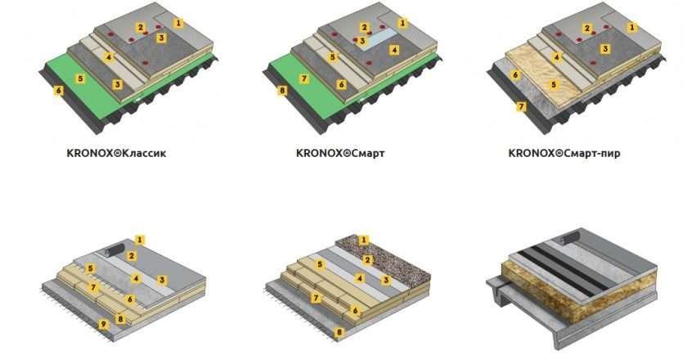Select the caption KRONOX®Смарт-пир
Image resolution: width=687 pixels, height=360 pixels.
coord(564,154)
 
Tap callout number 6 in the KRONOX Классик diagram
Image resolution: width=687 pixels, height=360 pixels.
coord(58,91)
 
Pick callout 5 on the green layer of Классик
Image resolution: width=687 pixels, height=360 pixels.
coord(80,79)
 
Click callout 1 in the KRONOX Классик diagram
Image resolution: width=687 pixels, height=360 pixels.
coord(178,22)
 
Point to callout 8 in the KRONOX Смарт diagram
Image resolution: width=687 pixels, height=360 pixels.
coord(283,91)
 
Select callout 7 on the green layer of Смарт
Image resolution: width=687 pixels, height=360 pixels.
coord(304,79)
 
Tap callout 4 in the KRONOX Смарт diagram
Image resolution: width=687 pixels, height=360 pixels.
coord(394,50)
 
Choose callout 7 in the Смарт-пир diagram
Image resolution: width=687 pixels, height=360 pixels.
coord(521,106)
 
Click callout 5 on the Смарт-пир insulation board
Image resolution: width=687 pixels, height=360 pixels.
coord(554,84)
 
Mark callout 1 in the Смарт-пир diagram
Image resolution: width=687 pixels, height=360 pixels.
coord(631,27)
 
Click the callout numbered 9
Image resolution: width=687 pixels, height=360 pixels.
coord(103,325)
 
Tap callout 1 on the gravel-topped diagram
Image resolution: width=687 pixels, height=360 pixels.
coord(363,240)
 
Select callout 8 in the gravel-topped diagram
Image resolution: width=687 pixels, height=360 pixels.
coord(339,332)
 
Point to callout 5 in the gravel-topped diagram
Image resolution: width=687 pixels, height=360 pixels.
coord(320,264)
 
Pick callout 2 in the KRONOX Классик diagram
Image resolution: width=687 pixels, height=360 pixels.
coord(140,28)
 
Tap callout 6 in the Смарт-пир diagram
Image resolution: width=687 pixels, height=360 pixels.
coord(515,75)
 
